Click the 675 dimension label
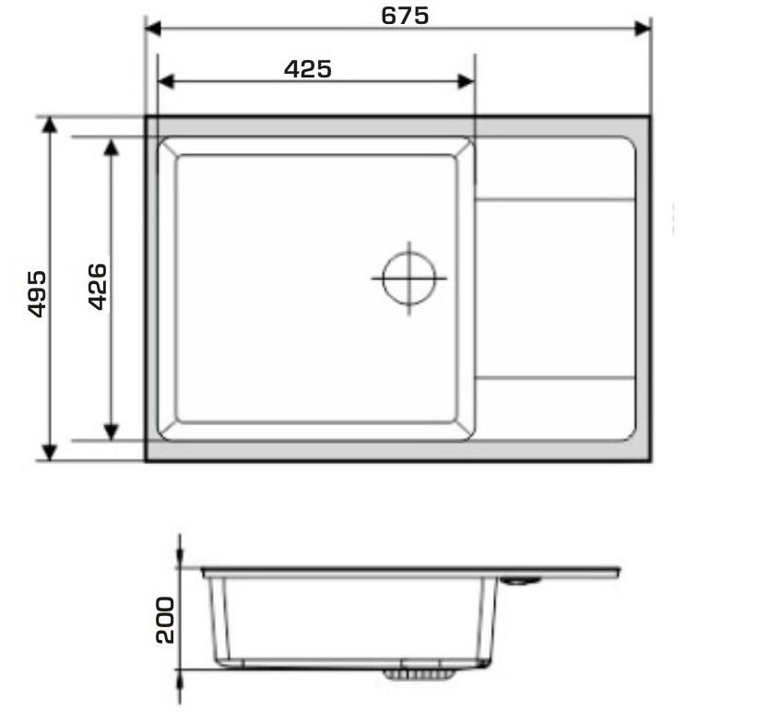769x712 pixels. (405, 16)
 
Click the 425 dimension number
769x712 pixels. (308, 69)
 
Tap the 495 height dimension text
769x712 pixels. (37, 293)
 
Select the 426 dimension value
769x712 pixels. (97, 287)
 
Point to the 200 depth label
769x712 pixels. (165, 620)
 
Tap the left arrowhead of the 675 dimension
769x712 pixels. (153, 29)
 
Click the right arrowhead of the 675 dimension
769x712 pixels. (643, 29)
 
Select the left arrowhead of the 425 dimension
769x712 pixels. (166, 81)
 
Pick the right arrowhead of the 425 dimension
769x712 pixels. (466, 81)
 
